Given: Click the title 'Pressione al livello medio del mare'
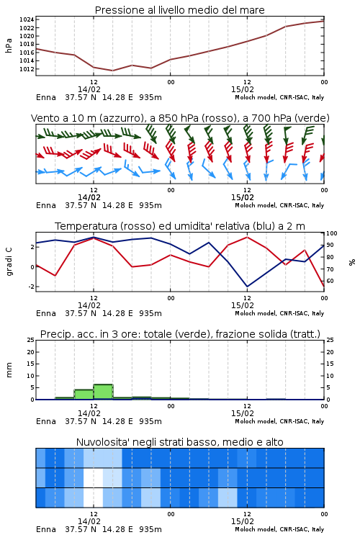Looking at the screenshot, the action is (x=179, y=10).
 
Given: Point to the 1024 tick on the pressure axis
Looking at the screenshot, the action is (x=27, y=19).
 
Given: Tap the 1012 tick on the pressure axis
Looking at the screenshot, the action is (x=27, y=69).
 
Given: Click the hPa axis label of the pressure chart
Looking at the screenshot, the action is (x=9, y=45).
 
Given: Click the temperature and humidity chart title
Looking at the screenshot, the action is (x=180, y=226).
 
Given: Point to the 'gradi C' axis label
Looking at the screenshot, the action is (x=9, y=262).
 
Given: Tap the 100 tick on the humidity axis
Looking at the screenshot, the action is (x=332, y=233).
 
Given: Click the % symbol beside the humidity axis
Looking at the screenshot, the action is (x=352, y=262).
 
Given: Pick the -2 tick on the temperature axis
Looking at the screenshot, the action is (x=31, y=287).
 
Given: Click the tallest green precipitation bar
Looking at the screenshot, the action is (x=104, y=392).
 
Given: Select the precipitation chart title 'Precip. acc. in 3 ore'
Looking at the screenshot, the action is (x=90, y=334).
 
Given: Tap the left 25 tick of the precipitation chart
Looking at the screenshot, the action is (x=31, y=341).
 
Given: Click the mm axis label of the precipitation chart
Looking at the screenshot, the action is (x=9, y=370).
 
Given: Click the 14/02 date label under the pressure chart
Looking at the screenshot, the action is (x=89, y=89).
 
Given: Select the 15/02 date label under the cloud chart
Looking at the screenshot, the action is (x=243, y=521).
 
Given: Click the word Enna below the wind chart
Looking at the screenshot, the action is (x=46, y=206).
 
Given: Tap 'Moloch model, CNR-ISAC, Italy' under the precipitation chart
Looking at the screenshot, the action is (x=279, y=421).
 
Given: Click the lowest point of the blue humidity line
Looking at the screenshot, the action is (x=247, y=287).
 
